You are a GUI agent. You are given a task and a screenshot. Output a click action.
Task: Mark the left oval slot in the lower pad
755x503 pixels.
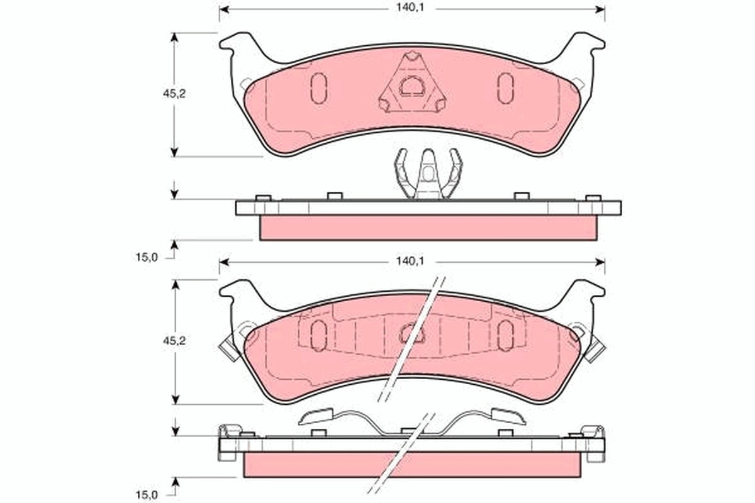[319, 334]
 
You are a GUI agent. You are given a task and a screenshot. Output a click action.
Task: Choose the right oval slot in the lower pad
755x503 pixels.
[505, 334]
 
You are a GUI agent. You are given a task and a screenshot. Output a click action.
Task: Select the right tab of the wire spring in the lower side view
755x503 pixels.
[507, 415]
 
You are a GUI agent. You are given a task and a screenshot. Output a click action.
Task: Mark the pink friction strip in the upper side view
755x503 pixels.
[428, 228]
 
